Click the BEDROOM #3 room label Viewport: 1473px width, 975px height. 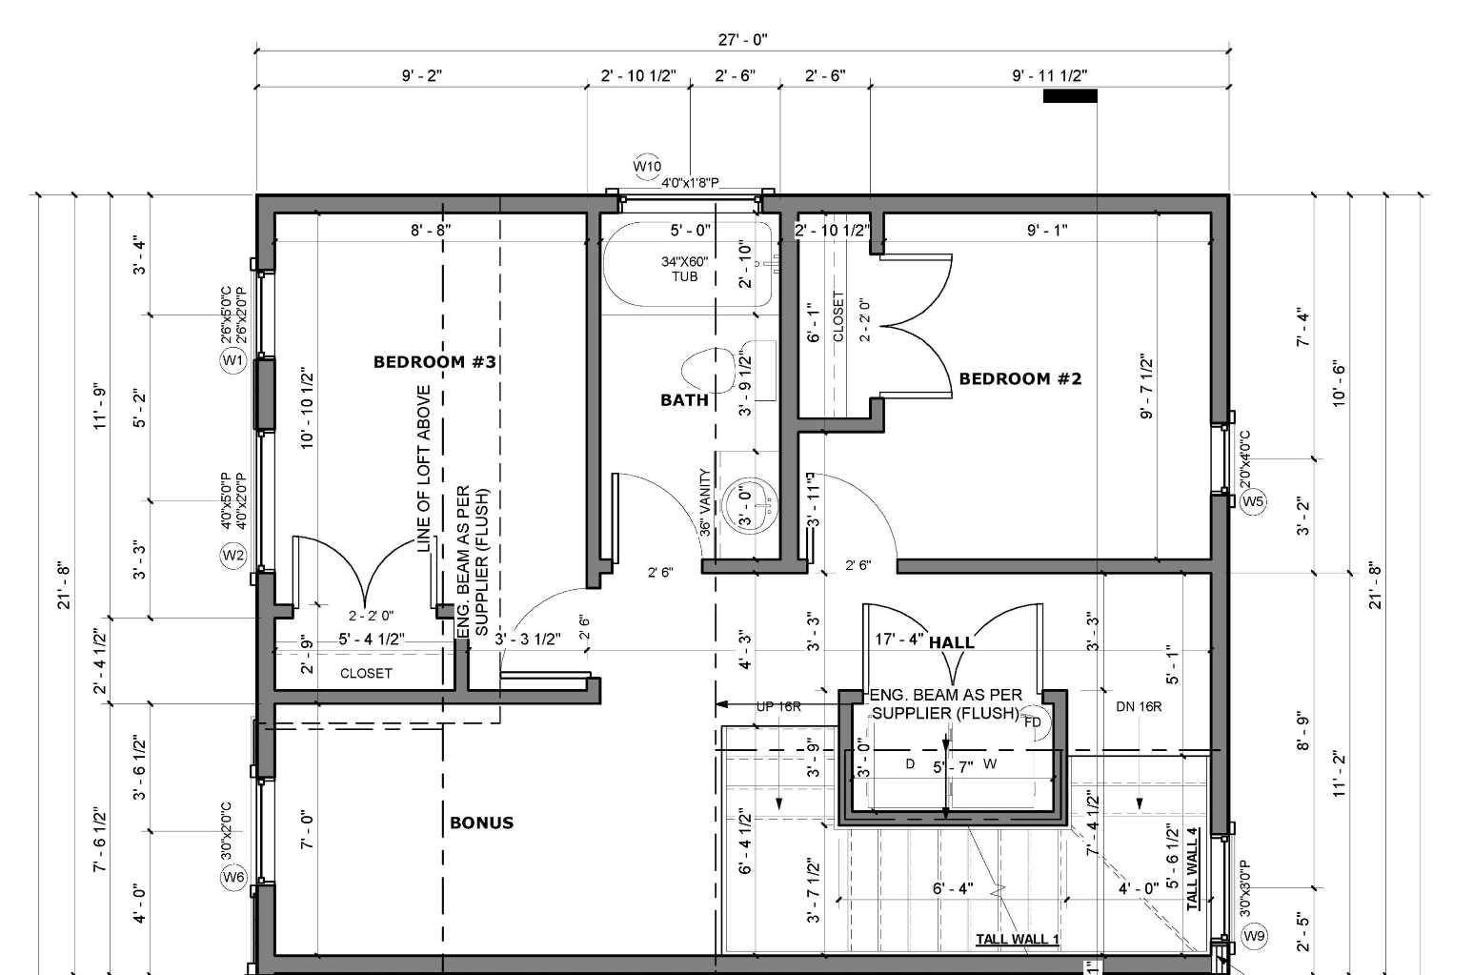pos(435,362)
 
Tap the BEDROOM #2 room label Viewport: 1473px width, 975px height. pos(1019,378)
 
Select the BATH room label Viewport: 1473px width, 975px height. pos(684,400)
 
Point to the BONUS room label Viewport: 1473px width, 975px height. pos(481,823)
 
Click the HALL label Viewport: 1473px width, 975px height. pos(951,642)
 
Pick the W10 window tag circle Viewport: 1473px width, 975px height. pos(647,167)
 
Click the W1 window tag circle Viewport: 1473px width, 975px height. pos(233,360)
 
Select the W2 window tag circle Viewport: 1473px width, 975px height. pos(233,555)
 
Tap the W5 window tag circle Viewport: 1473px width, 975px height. pos(1253,501)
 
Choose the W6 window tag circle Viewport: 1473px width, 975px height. pos(233,878)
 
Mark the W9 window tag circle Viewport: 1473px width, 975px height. pos(1255,936)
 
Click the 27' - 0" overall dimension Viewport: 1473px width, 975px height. pos(742,39)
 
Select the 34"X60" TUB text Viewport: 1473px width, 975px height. pos(685,269)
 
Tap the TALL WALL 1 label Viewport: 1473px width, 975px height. pos(1017,940)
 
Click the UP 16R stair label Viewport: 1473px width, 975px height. pos(777,707)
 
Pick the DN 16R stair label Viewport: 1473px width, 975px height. pos(1138,707)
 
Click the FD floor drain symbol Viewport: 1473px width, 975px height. pos(1033,721)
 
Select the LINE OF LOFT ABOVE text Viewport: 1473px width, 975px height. pos(424,468)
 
